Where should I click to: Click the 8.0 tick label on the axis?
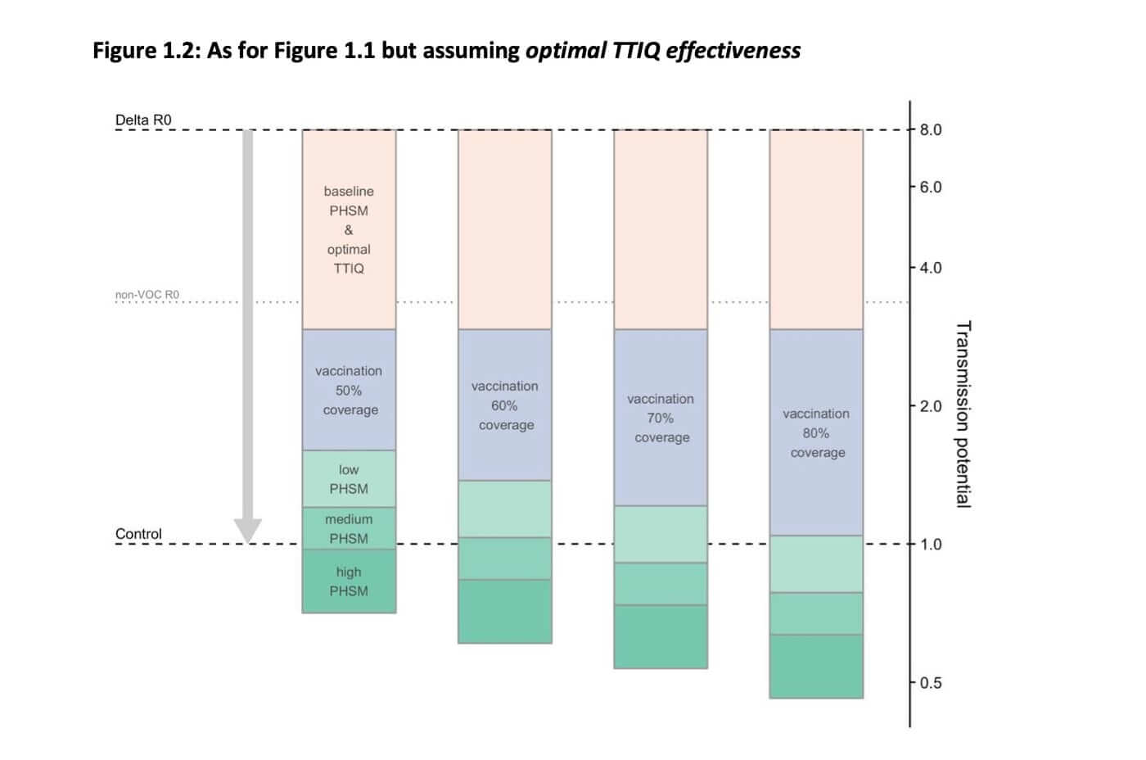click(x=931, y=129)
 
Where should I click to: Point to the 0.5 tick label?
click(x=931, y=683)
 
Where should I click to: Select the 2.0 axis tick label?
click(x=931, y=406)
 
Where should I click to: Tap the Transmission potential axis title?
click(x=963, y=414)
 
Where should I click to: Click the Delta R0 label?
click(x=143, y=120)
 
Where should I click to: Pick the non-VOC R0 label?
click(x=147, y=295)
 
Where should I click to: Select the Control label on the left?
click(x=138, y=534)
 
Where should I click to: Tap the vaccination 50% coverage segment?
click(x=349, y=390)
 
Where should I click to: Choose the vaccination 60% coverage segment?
click(x=504, y=405)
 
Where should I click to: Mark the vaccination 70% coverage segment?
click(x=661, y=418)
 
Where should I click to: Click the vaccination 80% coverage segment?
click(x=816, y=432)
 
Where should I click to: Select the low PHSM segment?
click(x=349, y=479)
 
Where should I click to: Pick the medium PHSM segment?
click(x=349, y=528)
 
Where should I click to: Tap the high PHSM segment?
click(x=349, y=581)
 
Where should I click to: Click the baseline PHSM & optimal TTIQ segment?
click(x=349, y=229)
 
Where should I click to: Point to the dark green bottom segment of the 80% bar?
click(x=816, y=667)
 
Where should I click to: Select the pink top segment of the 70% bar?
click(x=661, y=229)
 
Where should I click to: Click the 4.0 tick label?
click(x=931, y=268)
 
